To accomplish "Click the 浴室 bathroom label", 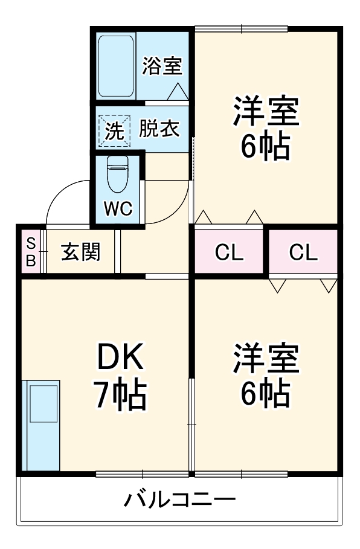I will click(161, 66).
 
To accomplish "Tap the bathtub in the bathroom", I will click(116, 66).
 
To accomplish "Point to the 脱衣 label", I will click(159, 129).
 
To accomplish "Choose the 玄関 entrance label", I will click(80, 252).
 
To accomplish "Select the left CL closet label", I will click(229, 252).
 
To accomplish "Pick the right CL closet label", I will click(303, 252).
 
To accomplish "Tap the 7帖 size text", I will click(119, 395).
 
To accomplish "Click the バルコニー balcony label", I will click(179, 500).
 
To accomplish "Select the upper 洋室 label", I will click(266, 110).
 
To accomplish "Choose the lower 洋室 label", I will click(266, 359).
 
